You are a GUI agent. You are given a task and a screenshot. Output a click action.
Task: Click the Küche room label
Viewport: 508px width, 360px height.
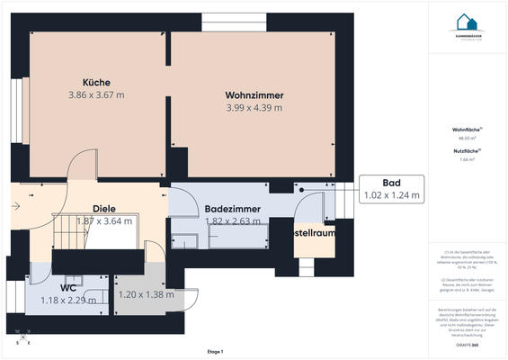96,82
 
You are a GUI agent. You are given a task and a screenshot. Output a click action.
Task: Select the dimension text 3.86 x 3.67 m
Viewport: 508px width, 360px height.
96,94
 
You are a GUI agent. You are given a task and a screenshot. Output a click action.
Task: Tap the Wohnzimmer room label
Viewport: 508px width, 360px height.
254,94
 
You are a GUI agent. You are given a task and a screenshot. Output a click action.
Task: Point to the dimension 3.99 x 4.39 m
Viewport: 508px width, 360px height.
254,107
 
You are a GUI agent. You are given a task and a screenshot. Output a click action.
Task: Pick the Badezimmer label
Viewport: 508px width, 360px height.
232,208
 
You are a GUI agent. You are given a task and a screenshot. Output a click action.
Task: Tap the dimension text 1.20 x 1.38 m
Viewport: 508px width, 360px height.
146,294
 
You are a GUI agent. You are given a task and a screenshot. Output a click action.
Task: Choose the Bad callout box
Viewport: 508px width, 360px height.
391,187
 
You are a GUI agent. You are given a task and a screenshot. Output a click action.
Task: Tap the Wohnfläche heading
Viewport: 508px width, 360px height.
467,130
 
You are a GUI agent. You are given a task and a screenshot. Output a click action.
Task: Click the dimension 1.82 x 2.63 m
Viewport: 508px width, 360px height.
232,220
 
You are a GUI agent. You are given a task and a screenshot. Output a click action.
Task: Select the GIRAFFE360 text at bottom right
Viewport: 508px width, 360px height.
467,345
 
